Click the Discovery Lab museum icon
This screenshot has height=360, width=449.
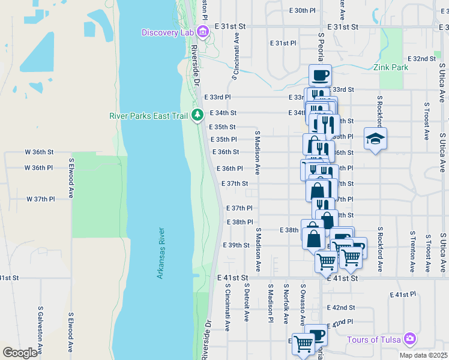tap(202, 32)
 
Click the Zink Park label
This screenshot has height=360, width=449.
tap(390, 67)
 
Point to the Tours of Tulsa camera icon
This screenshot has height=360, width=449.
tap(410, 340)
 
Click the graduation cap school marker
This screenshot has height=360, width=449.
tap(375, 139)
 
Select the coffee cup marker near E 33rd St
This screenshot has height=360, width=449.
tap(320, 76)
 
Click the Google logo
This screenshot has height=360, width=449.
tap(20, 353)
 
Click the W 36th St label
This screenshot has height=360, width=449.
tap(39, 152)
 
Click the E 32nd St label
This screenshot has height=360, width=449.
tap(421, 59)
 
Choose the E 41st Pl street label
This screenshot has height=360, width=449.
tap(403, 295)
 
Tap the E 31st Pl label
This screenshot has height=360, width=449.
tap(283, 43)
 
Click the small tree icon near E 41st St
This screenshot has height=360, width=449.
tap(197, 275)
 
